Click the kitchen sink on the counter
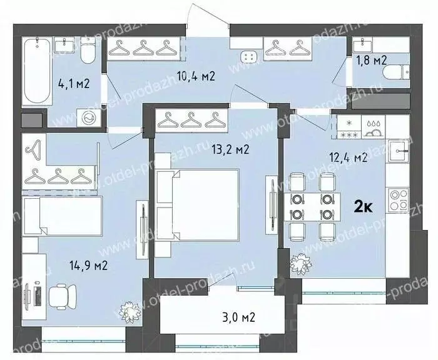tap(398, 151)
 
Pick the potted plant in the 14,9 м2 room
tap(131, 310)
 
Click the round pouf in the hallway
tap(250, 57)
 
